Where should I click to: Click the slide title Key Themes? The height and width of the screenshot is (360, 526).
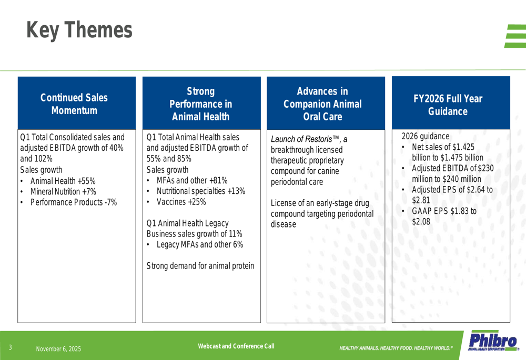pyautogui.click(x=79, y=30)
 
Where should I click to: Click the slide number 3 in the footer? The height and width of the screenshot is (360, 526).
pyautogui.click(x=11, y=347)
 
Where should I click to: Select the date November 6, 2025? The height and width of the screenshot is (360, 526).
pyautogui.click(x=58, y=349)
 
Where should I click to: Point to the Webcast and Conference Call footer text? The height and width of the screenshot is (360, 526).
pyautogui.click(x=236, y=346)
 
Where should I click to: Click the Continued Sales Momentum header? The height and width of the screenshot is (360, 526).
pyautogui.click(x=74, y=104)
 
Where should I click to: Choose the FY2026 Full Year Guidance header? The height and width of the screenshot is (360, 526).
pyautogui.click(x=448, y=105)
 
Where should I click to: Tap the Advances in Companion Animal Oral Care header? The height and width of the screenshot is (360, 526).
pyautogui.click(x=322, y=104)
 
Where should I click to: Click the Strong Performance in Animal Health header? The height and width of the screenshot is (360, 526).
pyautogui.click(x=200, y=104)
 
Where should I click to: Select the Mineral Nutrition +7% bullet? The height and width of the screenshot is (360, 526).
pyautogui.click(x=63, y=192)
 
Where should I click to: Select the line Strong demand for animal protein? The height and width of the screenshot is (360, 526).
pyautogui.click(x=200, y=266)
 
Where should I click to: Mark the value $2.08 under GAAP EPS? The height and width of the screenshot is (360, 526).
pyautogui.click(x=421, y=222)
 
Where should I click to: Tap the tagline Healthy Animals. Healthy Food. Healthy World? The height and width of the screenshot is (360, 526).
pyautogui.click(x=396, y=348)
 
